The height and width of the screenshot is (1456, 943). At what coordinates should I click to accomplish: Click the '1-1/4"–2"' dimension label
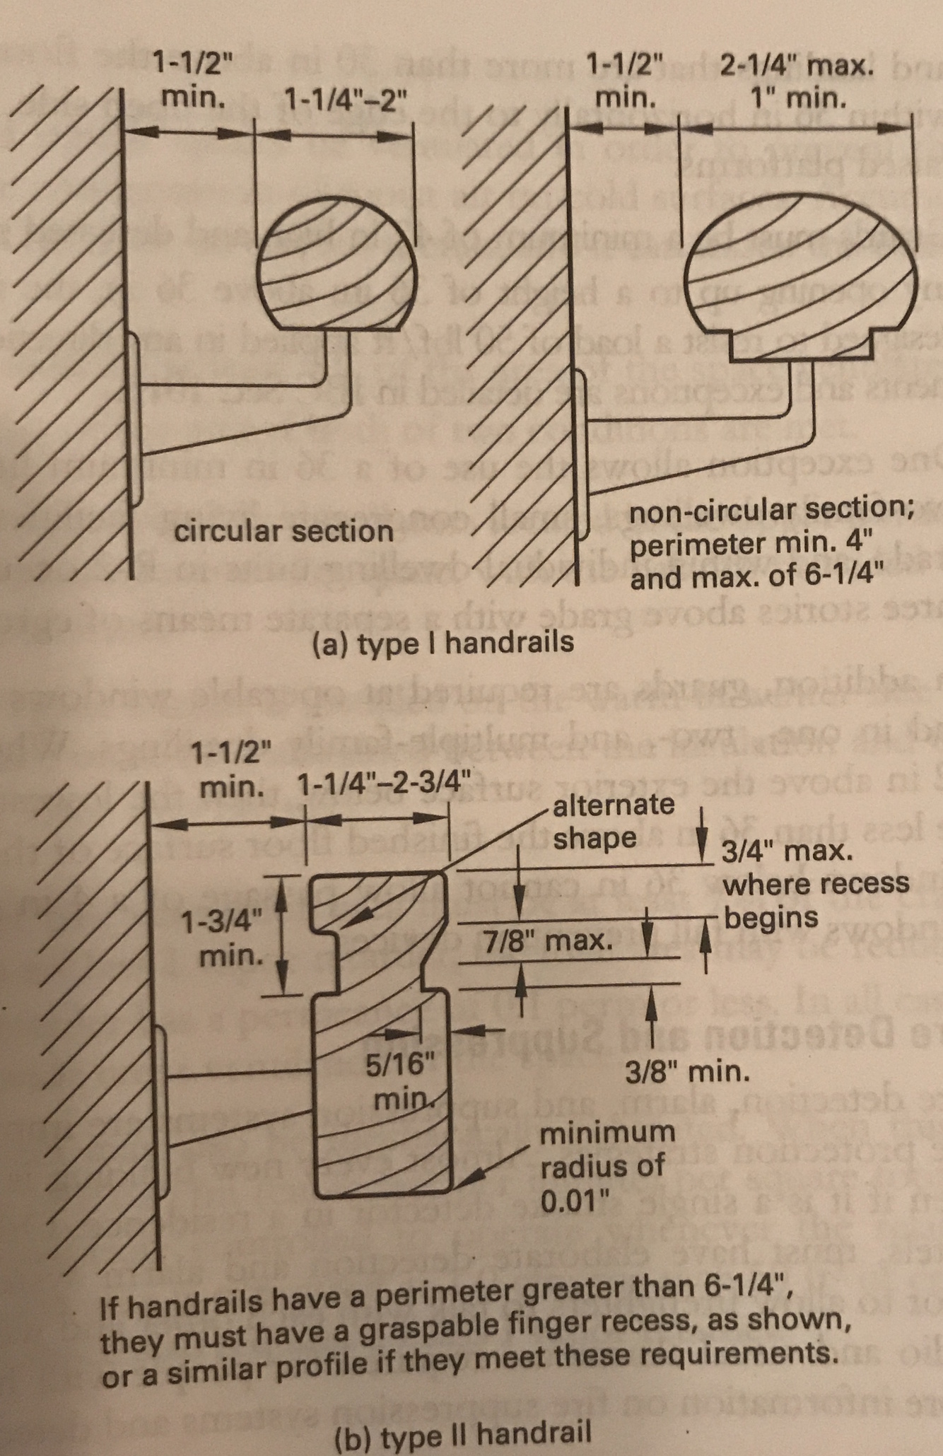tap(345, 99)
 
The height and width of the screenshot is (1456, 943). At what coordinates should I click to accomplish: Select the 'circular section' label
tap(283, 532)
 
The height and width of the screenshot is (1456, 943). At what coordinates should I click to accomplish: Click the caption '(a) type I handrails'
tap(443, 643)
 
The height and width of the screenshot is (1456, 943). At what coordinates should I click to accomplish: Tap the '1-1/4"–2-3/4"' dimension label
tap(384, 784)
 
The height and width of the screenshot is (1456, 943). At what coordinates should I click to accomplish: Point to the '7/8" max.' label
tap(549, 940)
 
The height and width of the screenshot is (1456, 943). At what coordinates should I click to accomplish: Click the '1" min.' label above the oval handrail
tap(799, 97)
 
